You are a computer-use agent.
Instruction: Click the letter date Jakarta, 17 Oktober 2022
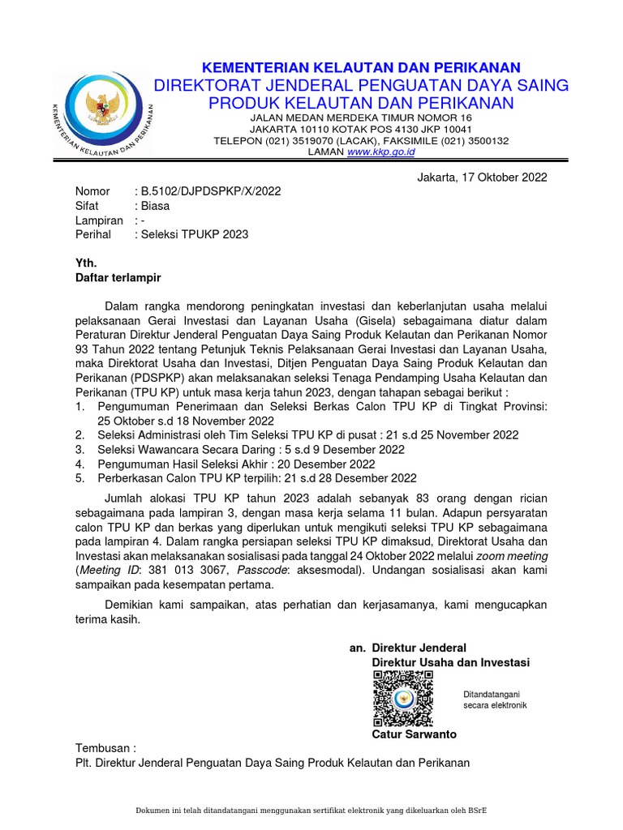[x=482, y=177]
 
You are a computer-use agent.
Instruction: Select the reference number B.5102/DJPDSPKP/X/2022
[x=211, y=191]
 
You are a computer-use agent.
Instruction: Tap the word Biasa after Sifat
[x=155, y=206]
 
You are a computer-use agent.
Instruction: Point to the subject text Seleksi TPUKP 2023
[x=195, y=235]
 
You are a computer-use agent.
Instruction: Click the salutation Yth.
[x=86, y=263]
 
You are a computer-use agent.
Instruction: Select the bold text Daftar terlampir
[x=118, y=278]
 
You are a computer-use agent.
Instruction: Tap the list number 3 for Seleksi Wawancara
[x=79, y=450]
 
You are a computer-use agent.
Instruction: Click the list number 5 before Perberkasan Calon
[x=79, y=479]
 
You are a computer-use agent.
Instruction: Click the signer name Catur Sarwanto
[x=414, y=734]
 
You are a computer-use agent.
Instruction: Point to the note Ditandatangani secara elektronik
[x=495, y=700]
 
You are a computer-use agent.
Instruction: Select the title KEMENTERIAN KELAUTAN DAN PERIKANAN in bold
[x=361, y=67]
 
